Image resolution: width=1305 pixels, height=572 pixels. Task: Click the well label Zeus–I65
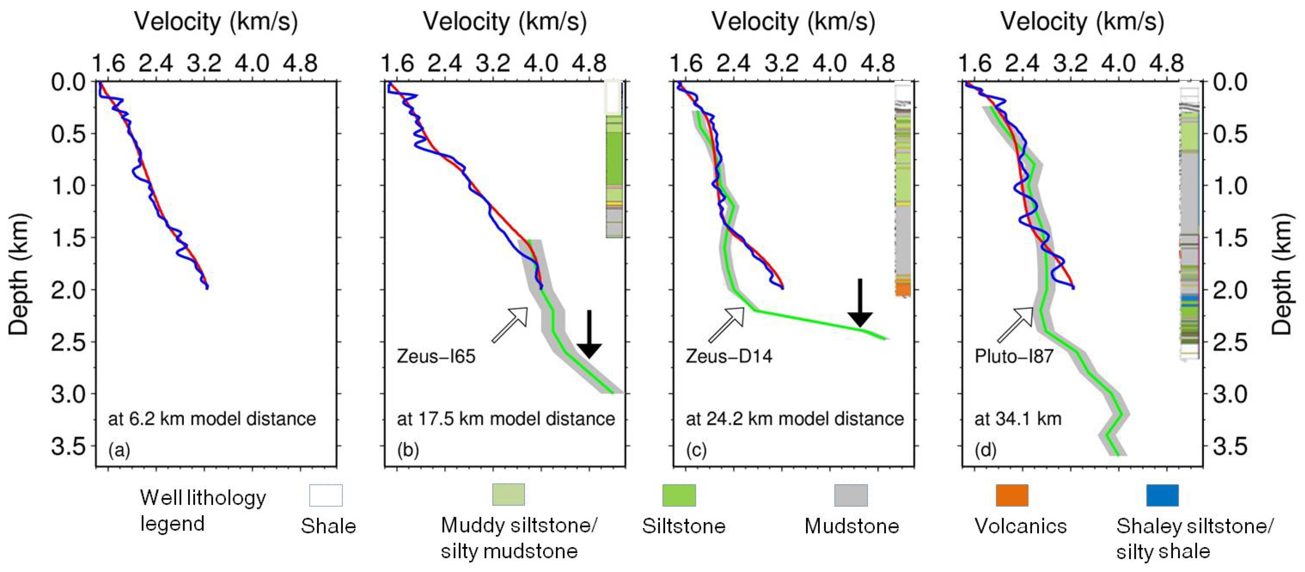coord(436,357)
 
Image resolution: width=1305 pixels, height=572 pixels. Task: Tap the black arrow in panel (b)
coord(589,335)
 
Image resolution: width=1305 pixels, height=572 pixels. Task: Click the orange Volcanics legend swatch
coord(1012,495)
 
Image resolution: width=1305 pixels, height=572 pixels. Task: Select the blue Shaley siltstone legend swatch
coord(1162,495)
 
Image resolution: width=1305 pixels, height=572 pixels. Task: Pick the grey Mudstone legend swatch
coord(851,495)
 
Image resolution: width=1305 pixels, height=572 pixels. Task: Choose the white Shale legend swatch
coord(326,495)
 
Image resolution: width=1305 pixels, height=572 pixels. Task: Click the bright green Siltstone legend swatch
coord(679,495)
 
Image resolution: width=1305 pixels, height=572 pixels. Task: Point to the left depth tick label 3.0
coord(69,394)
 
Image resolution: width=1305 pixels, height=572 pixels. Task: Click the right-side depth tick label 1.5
coord(1230,238)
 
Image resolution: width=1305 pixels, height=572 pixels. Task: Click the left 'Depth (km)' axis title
coord(19,274)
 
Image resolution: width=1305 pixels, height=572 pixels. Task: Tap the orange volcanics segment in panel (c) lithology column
coord(903,290)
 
